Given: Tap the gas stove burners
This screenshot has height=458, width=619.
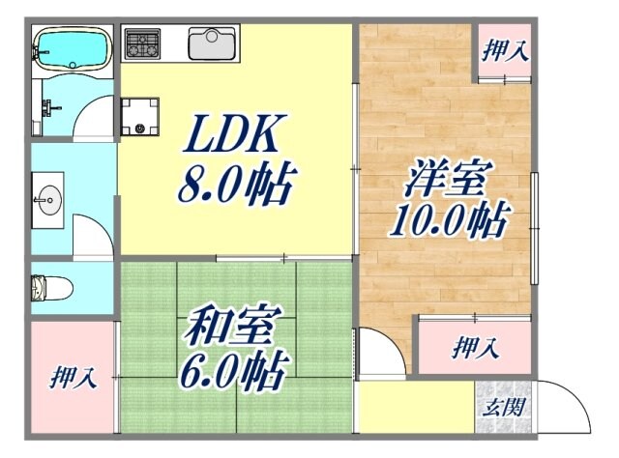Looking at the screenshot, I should point(142,43).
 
